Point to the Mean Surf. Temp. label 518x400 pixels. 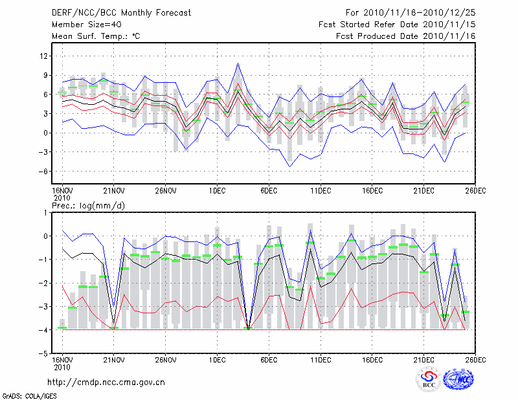coord(96,36)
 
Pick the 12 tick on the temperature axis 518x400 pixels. coord(44,56)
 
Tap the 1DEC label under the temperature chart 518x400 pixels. coord(217,191)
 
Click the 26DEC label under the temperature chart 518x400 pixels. coord(476,191)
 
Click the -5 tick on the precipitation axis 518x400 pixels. coord(44,354)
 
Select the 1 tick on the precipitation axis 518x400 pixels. coord(46,212)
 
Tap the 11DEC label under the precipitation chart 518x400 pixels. coord(321,360)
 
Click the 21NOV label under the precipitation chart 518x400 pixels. coord(113,360)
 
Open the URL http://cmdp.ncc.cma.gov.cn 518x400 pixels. coord(106,383)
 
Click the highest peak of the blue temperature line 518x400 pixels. coord(238,63)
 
